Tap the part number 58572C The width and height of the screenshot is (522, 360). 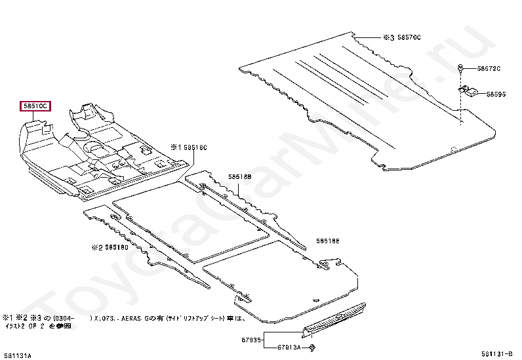pyautogui.click(x=489, y=68)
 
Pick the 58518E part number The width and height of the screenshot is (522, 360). pyautogui.click(x=328, y=241)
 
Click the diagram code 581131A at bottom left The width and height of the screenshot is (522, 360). pyautogui.click(x=16, y=355)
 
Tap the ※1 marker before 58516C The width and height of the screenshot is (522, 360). pyautogui.click(x=175, y=148)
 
